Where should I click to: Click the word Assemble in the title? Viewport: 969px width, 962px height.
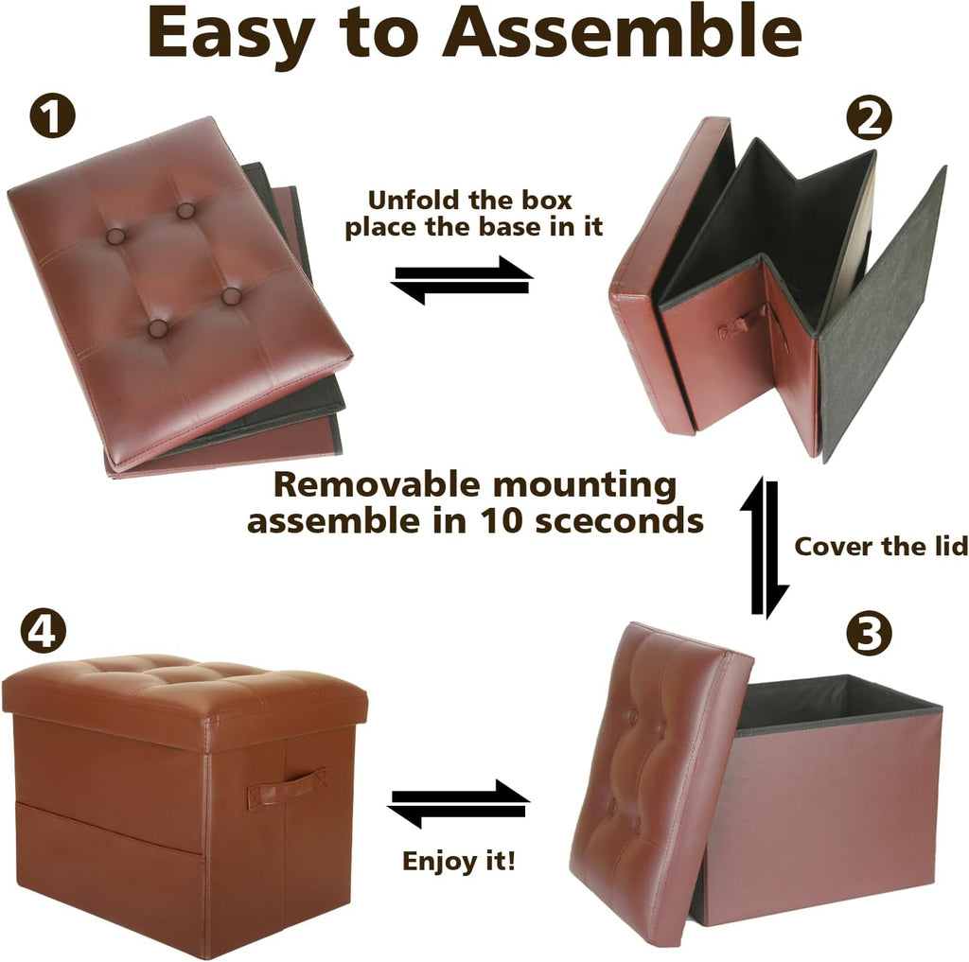click(x=622, y=33)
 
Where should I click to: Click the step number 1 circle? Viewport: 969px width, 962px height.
click(x=53, y=116)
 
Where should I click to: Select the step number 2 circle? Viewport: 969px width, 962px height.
click(x=869, y=118)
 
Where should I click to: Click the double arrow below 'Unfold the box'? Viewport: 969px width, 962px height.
click(x=462, y=279)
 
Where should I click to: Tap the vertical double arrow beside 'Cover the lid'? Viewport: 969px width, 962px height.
click(x=764, y=547)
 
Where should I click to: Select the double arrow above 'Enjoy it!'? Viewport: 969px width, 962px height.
click(x=459, y=804)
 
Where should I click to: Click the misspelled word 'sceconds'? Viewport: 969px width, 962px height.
click(x=619, y=521)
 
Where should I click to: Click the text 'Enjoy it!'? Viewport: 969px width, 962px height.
click(x=458, y=862)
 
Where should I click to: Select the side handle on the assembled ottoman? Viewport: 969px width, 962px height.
click(x=287, y=787)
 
